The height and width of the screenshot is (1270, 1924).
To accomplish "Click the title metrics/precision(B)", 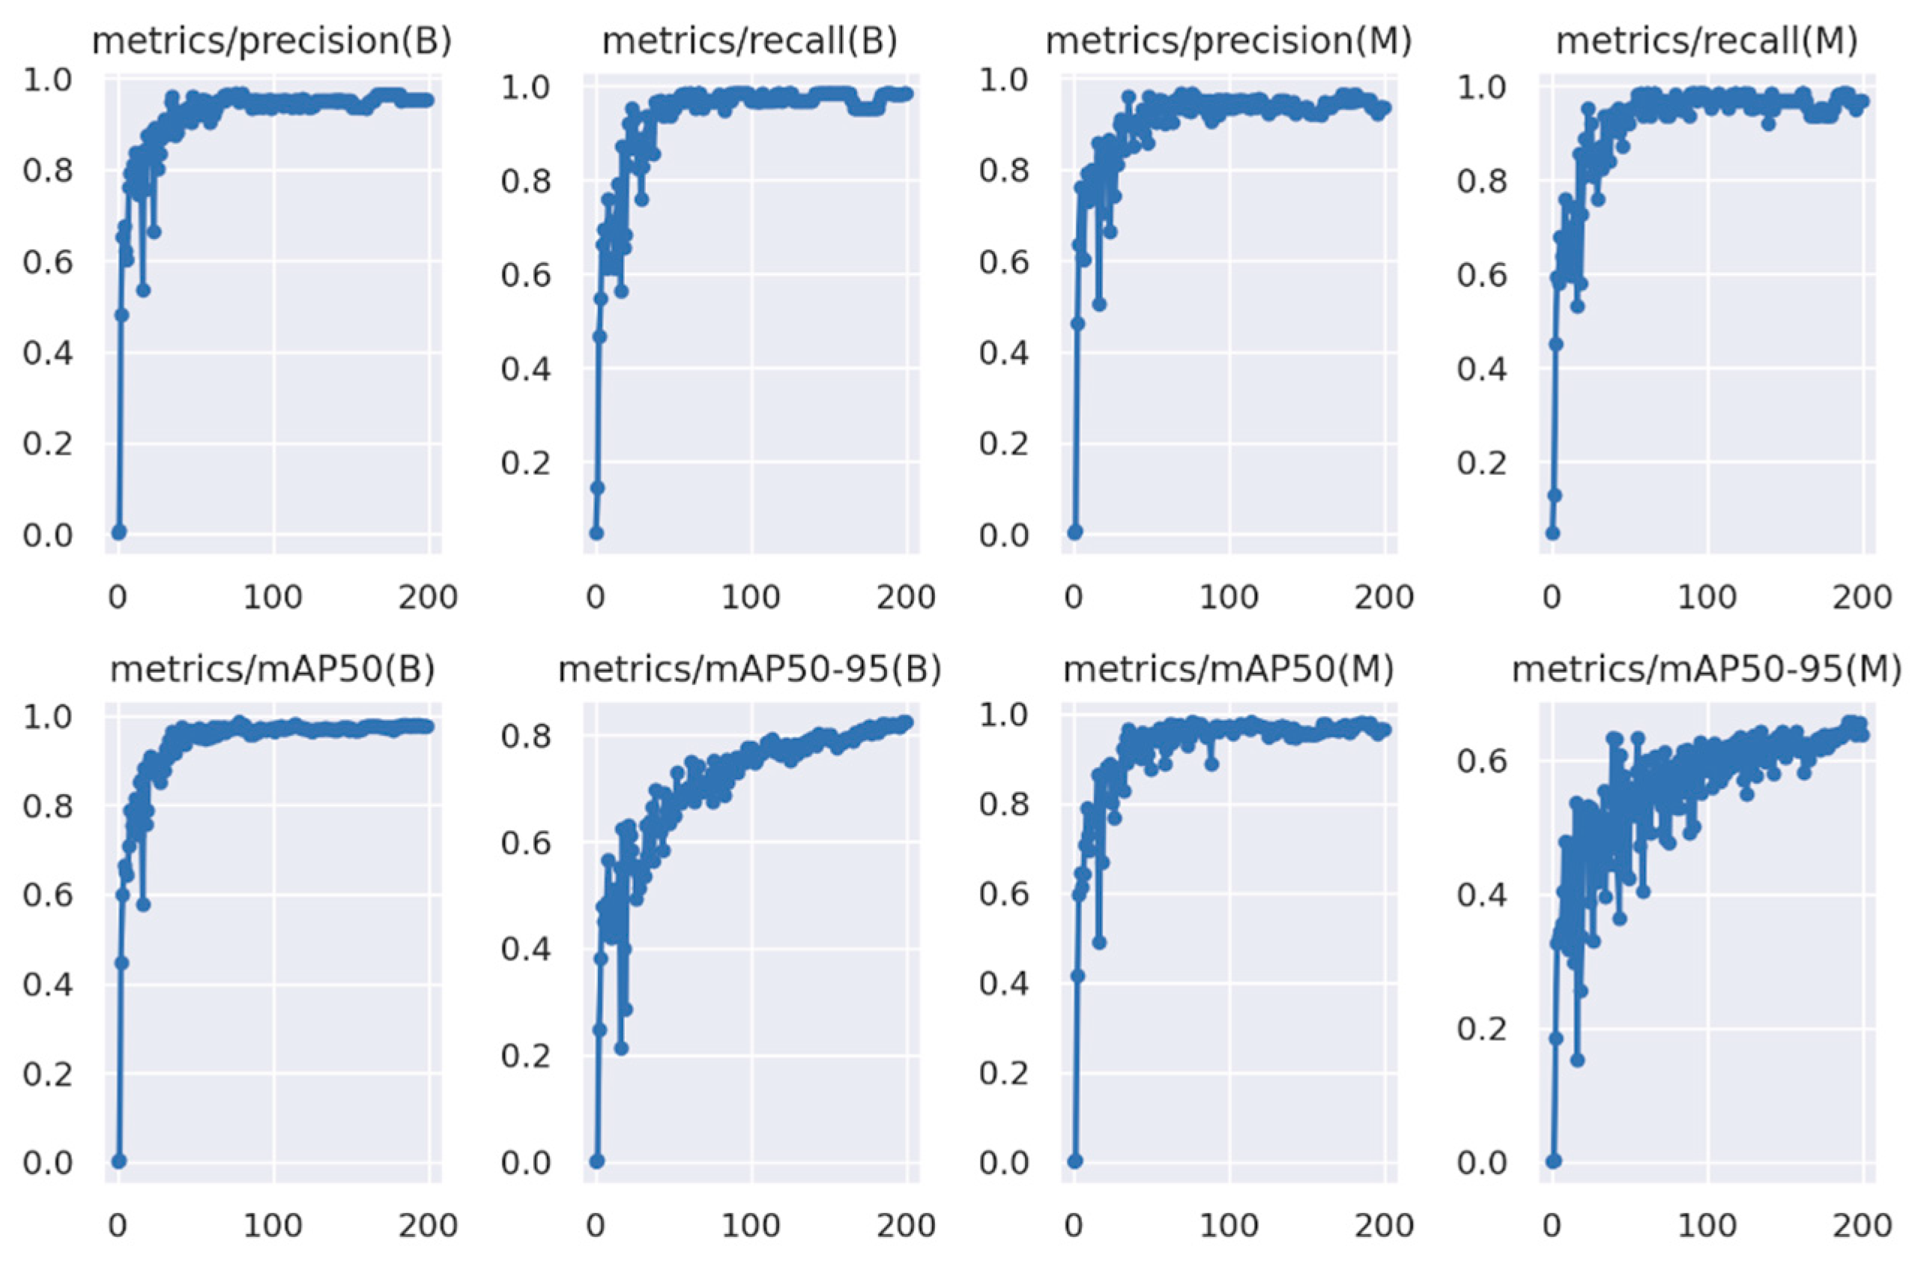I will coord(271,41).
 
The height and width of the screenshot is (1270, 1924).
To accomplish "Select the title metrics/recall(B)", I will coord(750,41).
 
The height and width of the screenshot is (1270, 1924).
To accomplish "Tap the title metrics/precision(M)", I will coord(1229,41).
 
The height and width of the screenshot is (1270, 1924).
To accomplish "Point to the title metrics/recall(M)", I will coord(1707,41).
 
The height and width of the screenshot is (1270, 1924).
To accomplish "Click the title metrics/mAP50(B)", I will coord(272,669).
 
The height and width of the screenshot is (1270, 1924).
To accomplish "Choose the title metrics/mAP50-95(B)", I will coord(750,669).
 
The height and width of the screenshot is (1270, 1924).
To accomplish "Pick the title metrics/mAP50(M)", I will coord(1229,669).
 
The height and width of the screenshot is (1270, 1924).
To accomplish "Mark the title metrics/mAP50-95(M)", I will coord(1707,669).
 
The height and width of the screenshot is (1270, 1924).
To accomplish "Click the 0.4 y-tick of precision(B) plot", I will coord(48,353).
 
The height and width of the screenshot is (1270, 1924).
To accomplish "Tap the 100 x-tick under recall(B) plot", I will coord(751,598).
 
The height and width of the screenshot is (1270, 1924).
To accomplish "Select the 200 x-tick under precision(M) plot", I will coord(1384,598).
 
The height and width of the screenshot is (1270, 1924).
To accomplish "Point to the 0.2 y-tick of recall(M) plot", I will coord(1483,463).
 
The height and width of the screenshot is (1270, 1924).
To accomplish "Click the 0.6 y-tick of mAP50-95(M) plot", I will coord(1483,761).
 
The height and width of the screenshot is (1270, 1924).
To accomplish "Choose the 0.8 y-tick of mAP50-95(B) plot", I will coord(527,737).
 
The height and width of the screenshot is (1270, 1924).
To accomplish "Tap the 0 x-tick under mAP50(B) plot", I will coord(118,1226).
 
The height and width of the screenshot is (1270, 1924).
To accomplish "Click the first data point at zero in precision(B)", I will coord(118,532).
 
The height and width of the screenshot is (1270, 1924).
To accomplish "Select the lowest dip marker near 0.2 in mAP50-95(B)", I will coord(621,1048).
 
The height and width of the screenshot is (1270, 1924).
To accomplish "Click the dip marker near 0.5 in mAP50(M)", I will coord(1099,942).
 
